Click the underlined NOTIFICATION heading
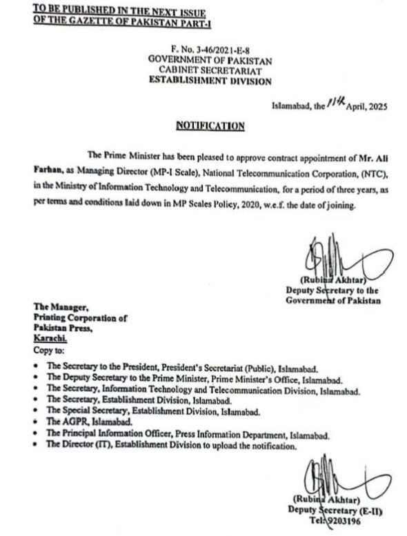point(210,126)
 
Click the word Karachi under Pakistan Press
point(48,340)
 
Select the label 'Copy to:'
point(48,351)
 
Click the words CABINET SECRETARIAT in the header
point(210,70)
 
